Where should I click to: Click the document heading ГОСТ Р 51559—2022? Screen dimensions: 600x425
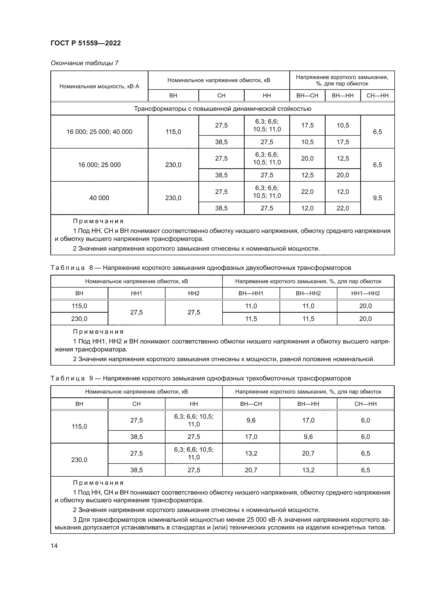pyautogui.click(x=86, y=43)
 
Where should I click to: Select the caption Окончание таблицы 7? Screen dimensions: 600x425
pyautogui.click(x=85, y=63)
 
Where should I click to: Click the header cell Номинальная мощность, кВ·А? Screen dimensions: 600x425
pyautogui.click(x=99, y=86)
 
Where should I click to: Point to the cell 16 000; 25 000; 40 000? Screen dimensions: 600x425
pyautogui.click(x=99, y=132)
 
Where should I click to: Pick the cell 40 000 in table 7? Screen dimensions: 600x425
pyautogui.click(x=99, y=198)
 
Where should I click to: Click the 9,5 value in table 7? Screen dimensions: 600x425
pyautogui.click(x=377, y=198)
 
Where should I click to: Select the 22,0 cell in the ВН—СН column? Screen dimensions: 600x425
pyautogui.click(x=307, y=192)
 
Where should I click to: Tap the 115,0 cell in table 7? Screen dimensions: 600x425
pyautogui.click(x=173, y=132)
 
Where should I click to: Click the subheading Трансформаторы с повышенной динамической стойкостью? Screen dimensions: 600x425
pyautogui.click(x=223, y=109)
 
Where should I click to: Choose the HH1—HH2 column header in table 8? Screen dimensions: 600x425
pyautogui.click(x=365, y=293)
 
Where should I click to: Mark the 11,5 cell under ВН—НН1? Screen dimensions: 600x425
pyautogui.click(x=251, y=319)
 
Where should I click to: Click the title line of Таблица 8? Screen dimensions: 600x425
pyautogui.click(x=200, y=268)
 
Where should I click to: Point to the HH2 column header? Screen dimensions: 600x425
pyautogui.click(x=194, y=293)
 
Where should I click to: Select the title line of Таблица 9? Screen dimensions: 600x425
pyautogui.click(x=200, y=378)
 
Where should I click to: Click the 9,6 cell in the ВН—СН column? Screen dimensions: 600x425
pyautogui.click(x=251, y=420)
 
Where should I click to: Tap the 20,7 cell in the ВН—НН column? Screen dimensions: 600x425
pyautogui.click(x=308, y=453)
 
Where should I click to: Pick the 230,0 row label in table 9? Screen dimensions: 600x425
pyautogui.click(x=79, y=460)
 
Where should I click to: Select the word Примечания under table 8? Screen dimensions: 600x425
pyautogui.click(x=98, y=332)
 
